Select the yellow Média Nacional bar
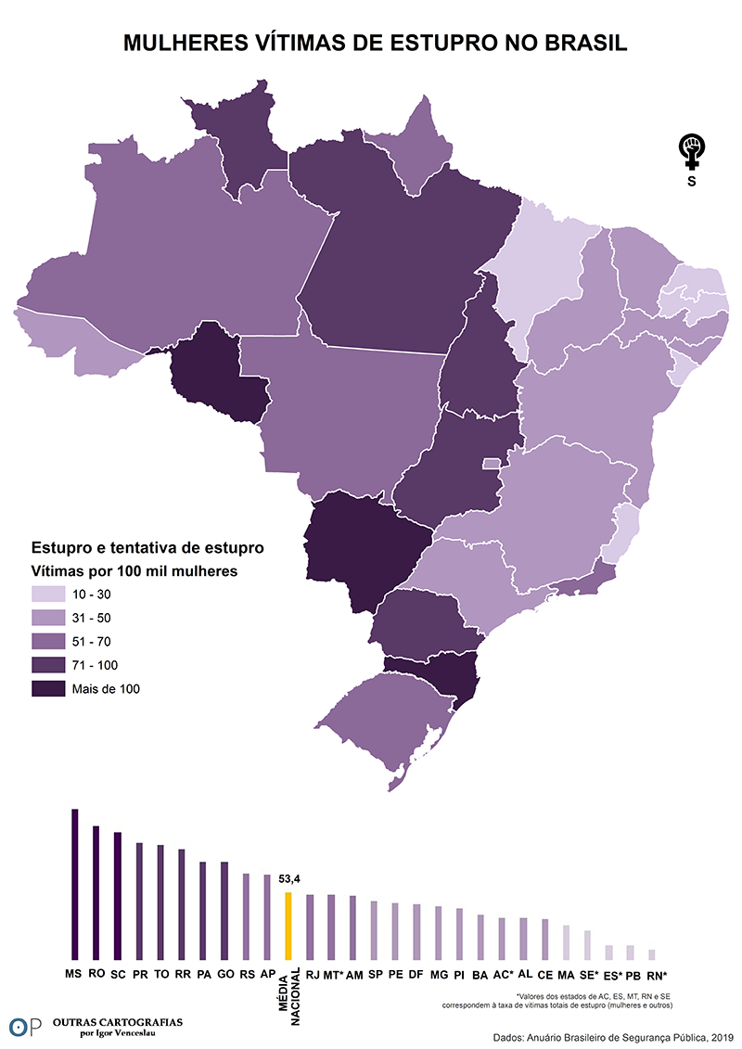(x=288, y=925)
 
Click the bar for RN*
(x=652, y=953)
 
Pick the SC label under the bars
(x=118, y=975)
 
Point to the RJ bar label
(x=312, y=975)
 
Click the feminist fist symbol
(x=691, y=150)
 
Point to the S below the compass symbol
(x=691, y=182)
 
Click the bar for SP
(x=374, y=929)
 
